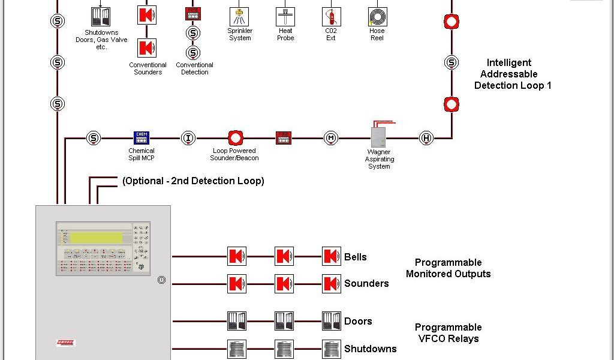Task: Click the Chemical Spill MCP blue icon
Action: [x=141, y=138]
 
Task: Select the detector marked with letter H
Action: [x=426, y=138]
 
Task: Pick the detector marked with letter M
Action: [x=331, y=138]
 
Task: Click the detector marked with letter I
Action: [x=188, y=138]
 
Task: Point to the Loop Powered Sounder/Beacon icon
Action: [x=236, y=138]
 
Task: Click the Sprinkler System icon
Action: [x=239, y=16]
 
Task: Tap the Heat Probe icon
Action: [x=285, y=16]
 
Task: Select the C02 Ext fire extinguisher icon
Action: [x=331, y=16]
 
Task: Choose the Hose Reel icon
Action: [x=378, y=16]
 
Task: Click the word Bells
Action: [x=355, y=257]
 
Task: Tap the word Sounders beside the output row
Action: [x=366, y=283]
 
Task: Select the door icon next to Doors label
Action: [x=331, y=321]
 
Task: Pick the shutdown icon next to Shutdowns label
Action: [x=331, y=349]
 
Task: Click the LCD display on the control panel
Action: [x=96, y=238]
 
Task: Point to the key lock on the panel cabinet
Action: [x=161, y=280]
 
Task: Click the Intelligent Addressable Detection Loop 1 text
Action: [x=512, y=74]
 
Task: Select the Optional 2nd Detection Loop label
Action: [x=193, y=181]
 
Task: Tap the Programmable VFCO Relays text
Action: [x=448, y=333]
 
